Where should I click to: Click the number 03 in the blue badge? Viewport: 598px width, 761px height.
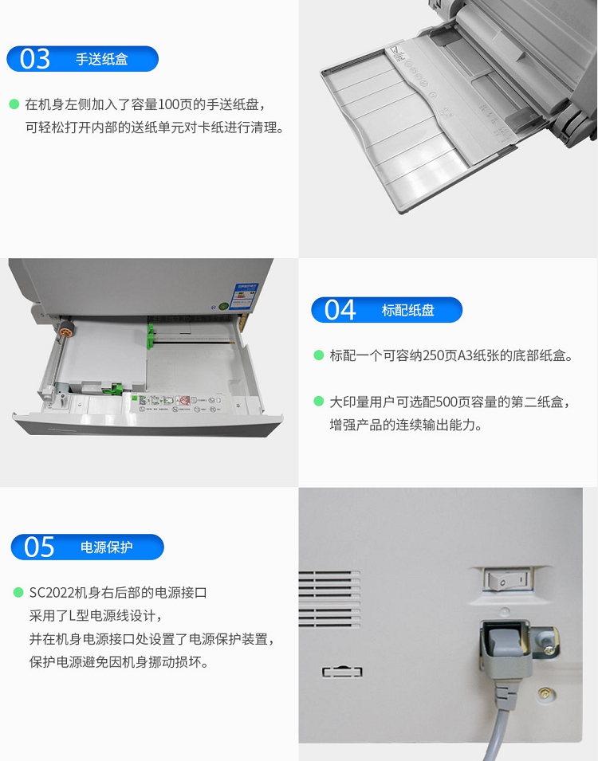coord(35,59)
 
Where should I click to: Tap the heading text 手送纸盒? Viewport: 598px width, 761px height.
coord(101,59)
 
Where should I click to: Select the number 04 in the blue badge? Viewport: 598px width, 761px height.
coord(340,310)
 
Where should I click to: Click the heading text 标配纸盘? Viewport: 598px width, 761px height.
coord(407,310)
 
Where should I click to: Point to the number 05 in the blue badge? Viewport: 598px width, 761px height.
coord(39,547)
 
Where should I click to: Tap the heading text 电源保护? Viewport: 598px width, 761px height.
coord(106,547)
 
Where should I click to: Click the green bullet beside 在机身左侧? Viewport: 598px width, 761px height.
coord(14,104)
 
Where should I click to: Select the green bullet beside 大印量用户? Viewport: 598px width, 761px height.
coord(319,402)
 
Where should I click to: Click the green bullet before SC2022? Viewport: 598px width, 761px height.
coord(18,592)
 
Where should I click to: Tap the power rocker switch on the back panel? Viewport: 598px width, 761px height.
coord(508,579)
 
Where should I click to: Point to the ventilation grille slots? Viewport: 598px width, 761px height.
coord(329,598)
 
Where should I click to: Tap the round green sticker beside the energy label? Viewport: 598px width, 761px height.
coord(223,306)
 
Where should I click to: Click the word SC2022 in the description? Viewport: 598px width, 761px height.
coord(51,593)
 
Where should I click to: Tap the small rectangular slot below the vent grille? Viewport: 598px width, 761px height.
coord(343,672)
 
